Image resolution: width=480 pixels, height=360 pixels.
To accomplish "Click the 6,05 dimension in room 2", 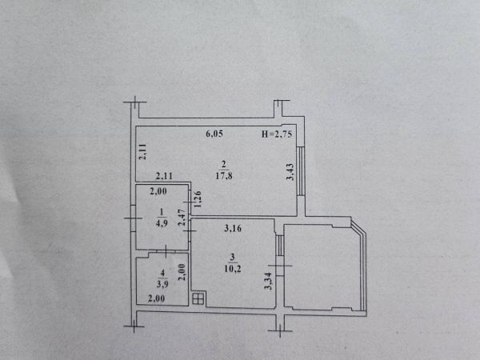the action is pyautogui.click(x=214, y=134).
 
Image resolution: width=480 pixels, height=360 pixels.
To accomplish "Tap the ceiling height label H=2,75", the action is pyautogui.click(x=277, y=134).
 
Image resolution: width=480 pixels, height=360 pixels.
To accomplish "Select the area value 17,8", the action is pyautogui.click(x=224, y=176).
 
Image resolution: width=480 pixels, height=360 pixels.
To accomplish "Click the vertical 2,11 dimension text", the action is pyautogui.click(x=142, y=151).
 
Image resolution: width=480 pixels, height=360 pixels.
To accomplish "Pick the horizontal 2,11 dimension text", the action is pyautogui.click(x=164, y=176).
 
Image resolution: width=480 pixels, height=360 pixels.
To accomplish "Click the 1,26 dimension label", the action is pyautogui.click(x=198, y=199).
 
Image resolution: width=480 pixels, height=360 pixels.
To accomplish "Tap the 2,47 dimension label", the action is pyautogui.click(x=182, y=218).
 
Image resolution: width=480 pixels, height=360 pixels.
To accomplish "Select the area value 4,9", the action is pyautogui.click(x=162, y=223).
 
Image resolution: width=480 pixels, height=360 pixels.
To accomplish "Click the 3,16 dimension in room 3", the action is pyautogui.click(x=233, y=228).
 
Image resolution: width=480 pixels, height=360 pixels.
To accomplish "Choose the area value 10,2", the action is pyautogui.click(x=233, y=269).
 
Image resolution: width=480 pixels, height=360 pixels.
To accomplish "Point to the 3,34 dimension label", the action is pyautogui.click(x=268, y=281).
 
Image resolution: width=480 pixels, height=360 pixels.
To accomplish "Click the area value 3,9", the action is pyautogui.click(x=162, y=284).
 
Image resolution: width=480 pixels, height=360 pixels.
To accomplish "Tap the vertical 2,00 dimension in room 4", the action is pyautogui.click(x=182, y=272).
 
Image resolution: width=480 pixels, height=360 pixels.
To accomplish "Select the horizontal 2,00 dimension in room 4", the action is pyautogui.click(x=157, y=298).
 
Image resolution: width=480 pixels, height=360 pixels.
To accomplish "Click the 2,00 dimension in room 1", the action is pyautogui.click(x=158, y=191).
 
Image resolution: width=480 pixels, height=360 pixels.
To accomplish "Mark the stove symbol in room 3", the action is pyautogui.click(x=198, y=298).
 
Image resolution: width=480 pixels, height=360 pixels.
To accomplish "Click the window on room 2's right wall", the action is pyautogui.click(x=301, y=171).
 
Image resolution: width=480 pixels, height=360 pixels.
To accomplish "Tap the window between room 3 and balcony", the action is pyautogui.click(x=279, y=246).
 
